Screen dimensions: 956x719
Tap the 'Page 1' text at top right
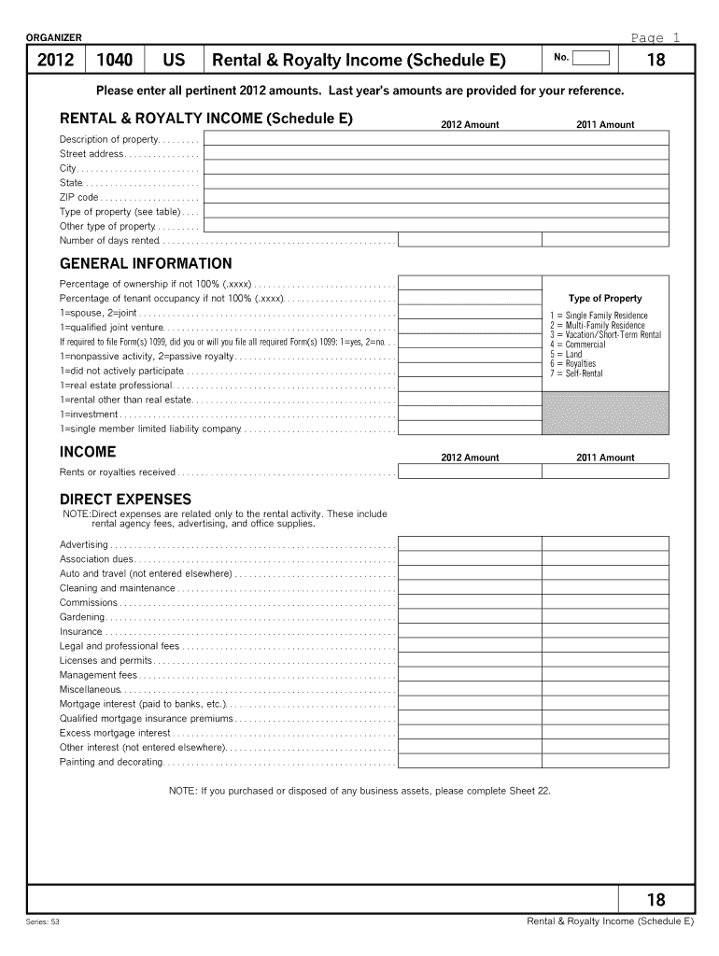pos(656,37)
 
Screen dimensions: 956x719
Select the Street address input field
pos(436,153)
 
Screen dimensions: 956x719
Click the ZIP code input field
pos(436,197)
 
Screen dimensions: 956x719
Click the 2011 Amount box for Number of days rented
pos(605,240)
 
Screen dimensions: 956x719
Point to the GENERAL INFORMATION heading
pos(146,263)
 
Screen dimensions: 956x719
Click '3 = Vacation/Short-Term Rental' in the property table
pos(605,334)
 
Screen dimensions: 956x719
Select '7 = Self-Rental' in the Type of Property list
pos(576,373)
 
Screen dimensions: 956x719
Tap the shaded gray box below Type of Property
pos(605,414)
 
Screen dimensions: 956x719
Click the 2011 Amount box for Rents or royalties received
pos(605,471)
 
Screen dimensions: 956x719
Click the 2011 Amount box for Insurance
pos(605,631)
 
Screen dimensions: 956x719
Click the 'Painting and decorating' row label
pos(111,762)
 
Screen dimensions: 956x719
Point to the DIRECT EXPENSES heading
pos(125,499)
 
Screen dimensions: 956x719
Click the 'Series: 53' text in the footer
pos(44,921)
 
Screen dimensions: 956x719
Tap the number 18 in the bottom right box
pos(656,899)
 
